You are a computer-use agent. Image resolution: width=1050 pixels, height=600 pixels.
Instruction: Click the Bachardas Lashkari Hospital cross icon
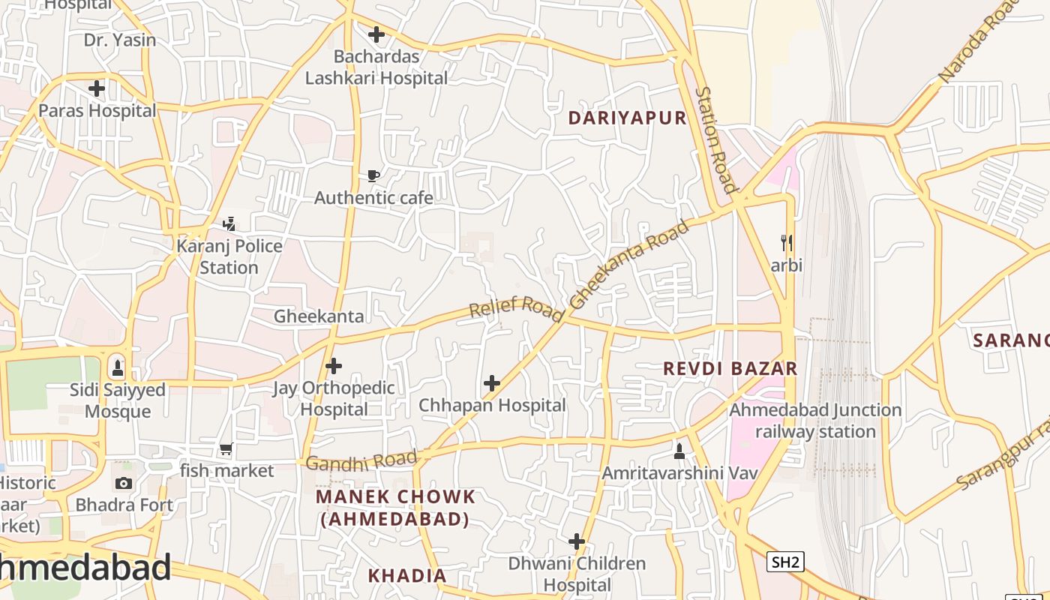[376, 34]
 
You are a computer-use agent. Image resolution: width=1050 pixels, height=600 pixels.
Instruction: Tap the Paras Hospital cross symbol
[97, 88]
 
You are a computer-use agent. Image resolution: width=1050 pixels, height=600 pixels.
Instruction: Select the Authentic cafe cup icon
[373, 176]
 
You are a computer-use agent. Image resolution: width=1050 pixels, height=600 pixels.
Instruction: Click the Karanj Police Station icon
[229, 223]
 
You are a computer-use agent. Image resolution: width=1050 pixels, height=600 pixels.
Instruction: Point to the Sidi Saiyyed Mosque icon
[117, 368]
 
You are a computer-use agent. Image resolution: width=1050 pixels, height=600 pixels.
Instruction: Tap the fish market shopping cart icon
[226, 449]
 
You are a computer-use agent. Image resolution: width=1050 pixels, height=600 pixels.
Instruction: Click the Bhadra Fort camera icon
[124, 483]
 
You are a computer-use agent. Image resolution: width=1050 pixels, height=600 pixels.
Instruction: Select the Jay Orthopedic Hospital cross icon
[334, 366]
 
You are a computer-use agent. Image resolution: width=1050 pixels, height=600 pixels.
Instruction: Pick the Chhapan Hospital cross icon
[492, 383]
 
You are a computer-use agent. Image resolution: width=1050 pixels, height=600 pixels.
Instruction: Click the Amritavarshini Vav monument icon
[679, 451]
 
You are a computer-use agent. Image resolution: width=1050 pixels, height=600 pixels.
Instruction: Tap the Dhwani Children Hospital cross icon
[576, 541]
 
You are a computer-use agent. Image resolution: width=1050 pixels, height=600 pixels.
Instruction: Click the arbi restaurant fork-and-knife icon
[787, 243]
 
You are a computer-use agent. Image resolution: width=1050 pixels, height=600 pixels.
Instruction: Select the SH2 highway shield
[785, 562]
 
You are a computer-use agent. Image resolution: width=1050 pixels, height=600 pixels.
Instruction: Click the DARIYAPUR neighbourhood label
[627, 118]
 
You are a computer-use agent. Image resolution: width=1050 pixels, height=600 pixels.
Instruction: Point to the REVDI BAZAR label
[730, 368]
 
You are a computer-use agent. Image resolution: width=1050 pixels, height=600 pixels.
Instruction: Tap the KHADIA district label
[406, 575]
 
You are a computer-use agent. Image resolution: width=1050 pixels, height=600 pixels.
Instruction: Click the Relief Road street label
[516, 308]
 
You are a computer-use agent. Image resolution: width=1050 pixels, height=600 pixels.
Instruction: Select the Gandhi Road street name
[361, 461]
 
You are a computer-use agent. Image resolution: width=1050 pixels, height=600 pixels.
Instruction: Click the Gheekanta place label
[319, 316]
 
